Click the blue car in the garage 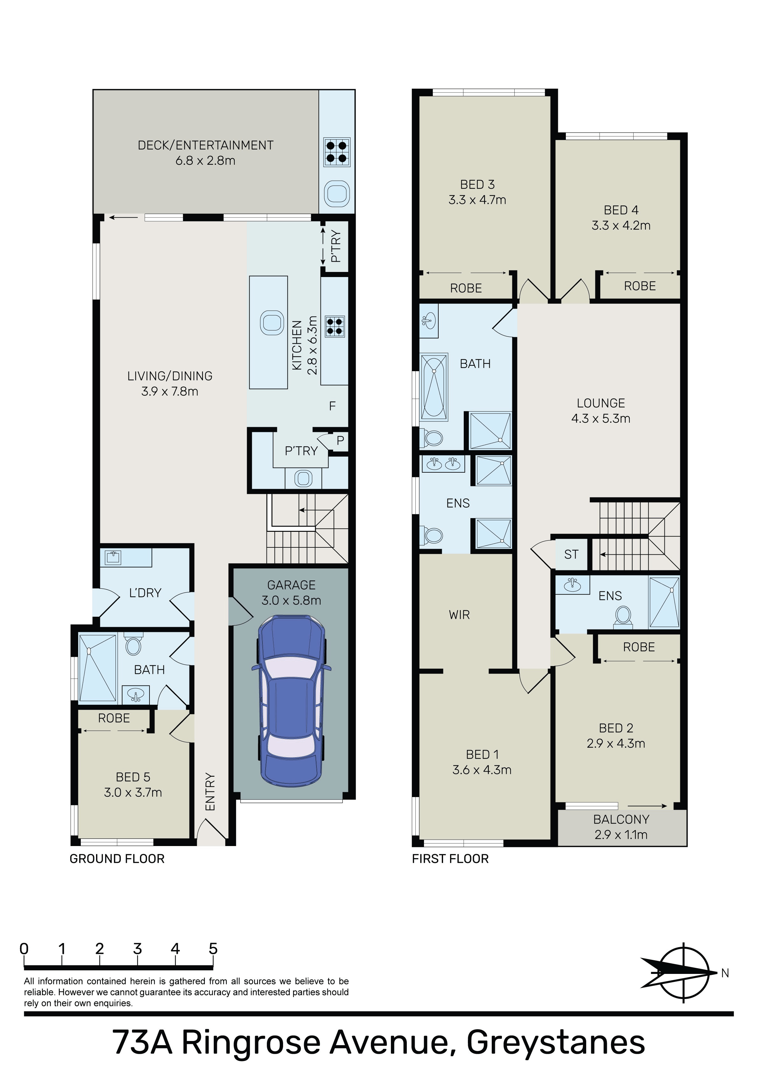[291, 701]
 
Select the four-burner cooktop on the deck [337, 152]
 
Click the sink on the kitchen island [272, 323]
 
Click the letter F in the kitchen [332, 406]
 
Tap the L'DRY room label [145, 593]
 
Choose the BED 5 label [133, 777]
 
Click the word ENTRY [210, 792]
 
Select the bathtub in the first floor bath [434, 386]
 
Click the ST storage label [571, 554]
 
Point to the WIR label [459, 614]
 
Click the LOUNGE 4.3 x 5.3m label [601, 411]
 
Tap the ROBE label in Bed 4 [640, 286]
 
